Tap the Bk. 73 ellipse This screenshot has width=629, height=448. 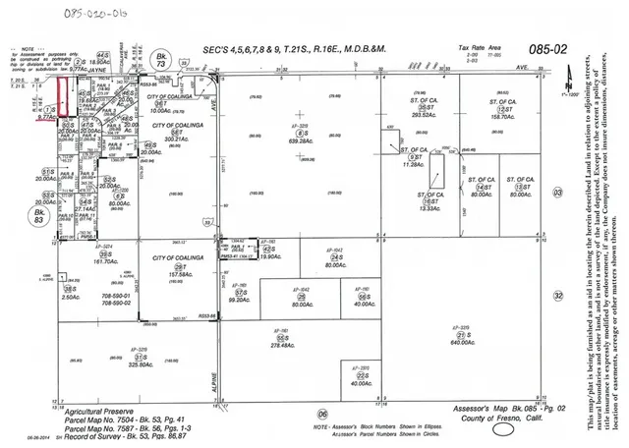pyautogui.click(x=160, y=62)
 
